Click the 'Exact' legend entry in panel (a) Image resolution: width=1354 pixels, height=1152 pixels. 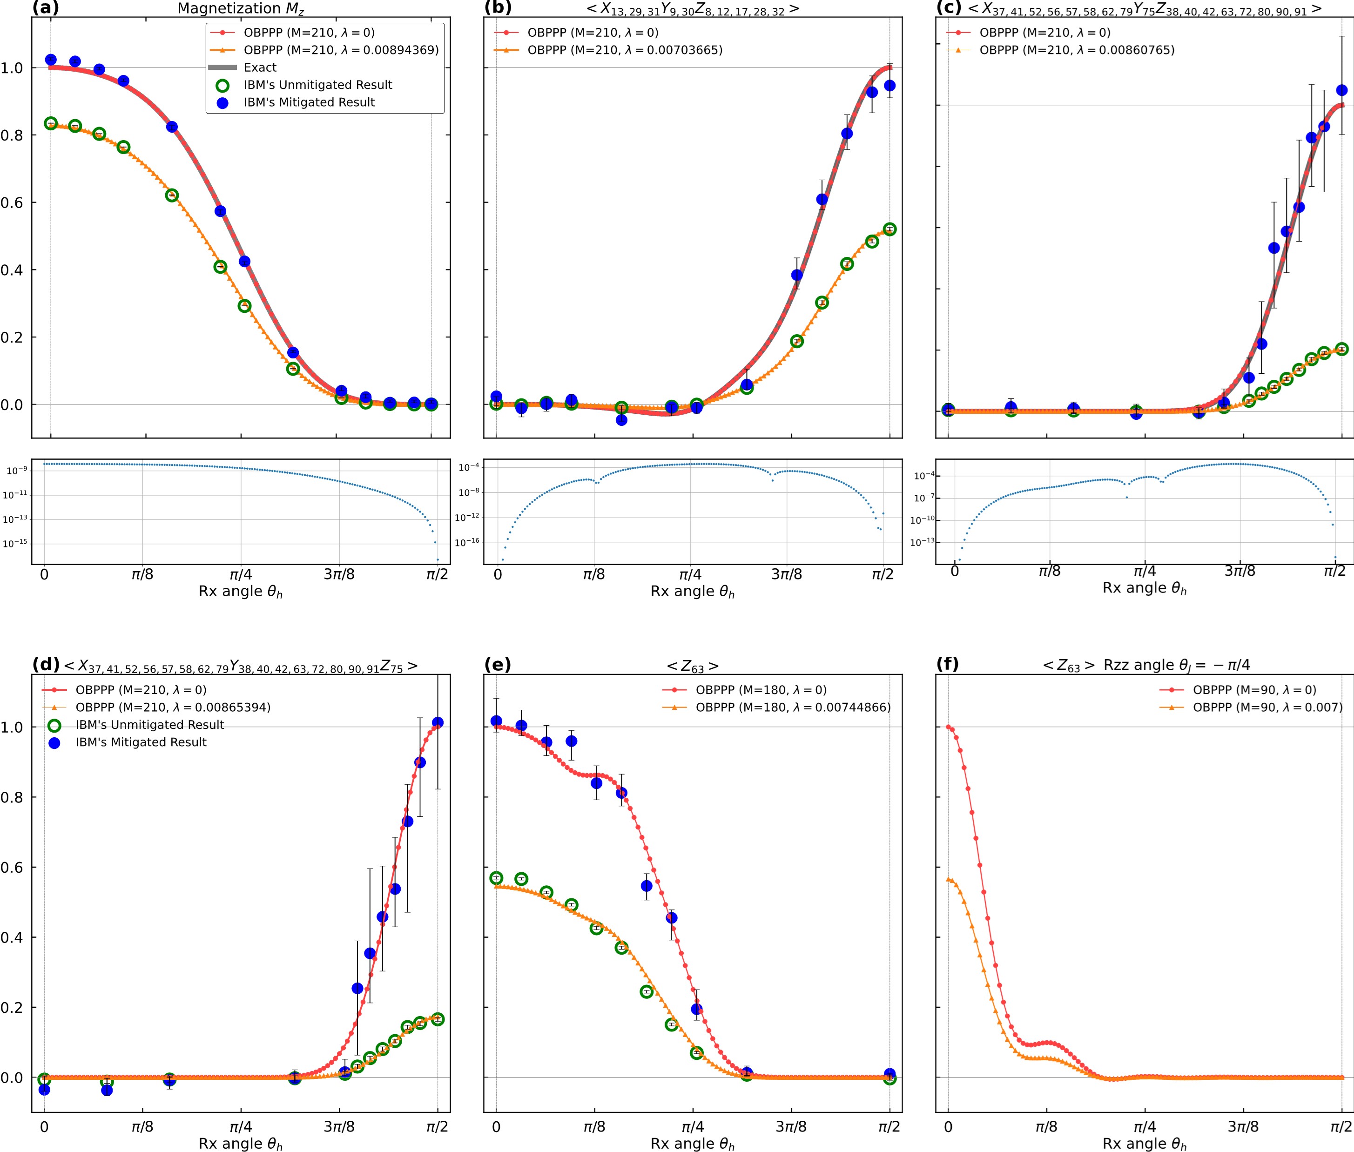(260, 67)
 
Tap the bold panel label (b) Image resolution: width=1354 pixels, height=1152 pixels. (498, 8)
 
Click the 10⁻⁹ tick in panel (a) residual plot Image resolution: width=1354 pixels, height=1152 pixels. (17, 470)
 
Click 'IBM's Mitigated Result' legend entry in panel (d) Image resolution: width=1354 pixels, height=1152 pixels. (141, 742)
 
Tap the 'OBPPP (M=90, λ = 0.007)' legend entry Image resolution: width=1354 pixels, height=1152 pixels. (1267, 707)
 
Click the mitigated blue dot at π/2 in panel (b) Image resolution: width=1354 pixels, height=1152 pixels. (889, 86)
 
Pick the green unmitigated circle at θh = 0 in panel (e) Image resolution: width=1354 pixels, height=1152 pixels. (496, 878)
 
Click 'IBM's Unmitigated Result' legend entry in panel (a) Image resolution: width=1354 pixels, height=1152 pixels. (317, 85)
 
